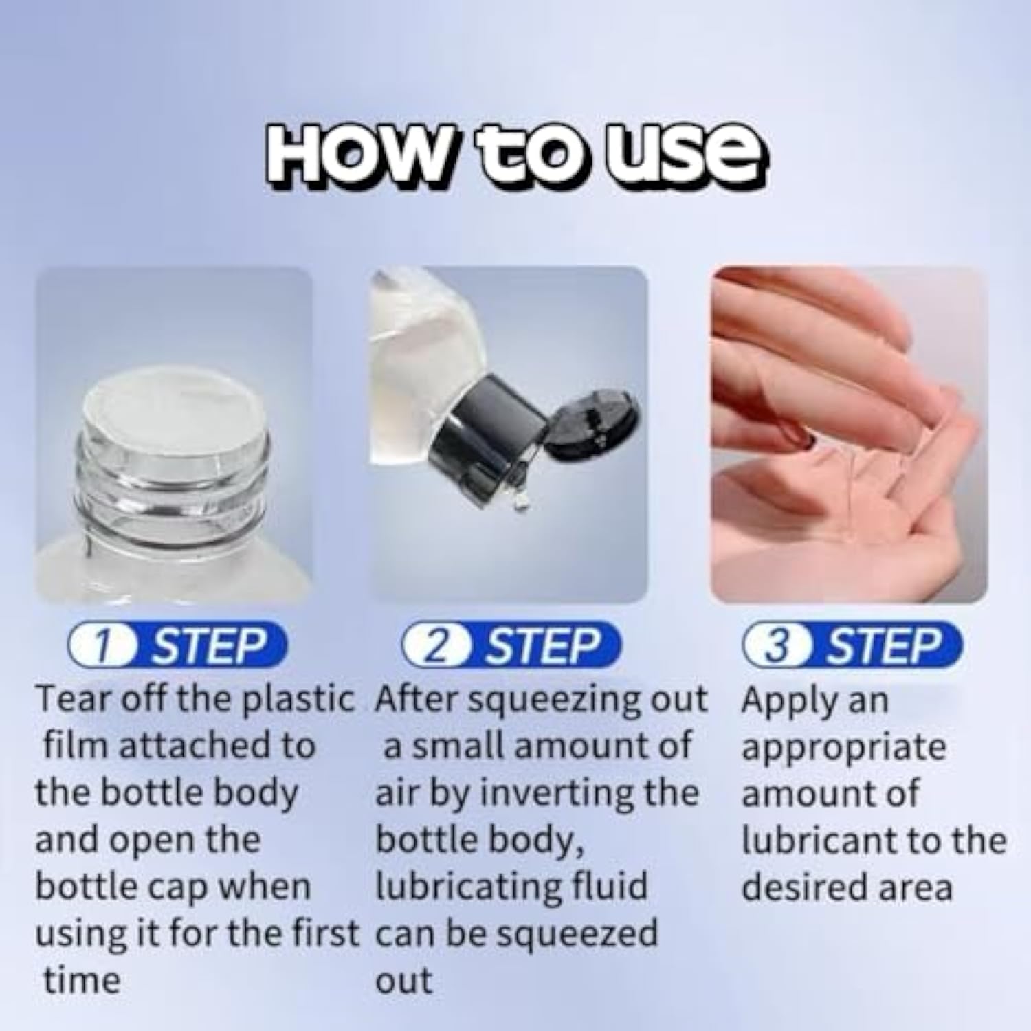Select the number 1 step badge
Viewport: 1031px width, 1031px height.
point(177,645)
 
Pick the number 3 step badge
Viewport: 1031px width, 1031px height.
point(852,645)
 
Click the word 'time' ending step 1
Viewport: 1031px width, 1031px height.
point(82,980)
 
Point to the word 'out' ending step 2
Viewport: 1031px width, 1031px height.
point(404,982)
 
